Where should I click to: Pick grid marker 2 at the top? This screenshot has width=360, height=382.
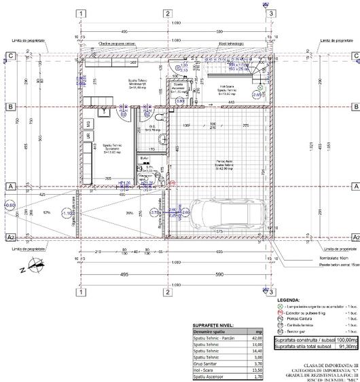tap(166, 14)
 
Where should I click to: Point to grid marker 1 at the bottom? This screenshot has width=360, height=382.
tap(81, 292)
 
